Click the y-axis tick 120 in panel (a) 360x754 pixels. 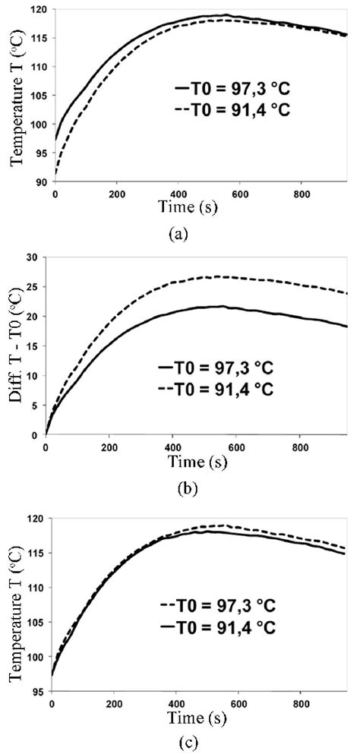(x=39, y=10)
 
